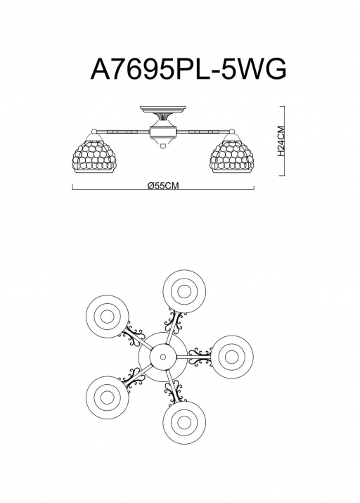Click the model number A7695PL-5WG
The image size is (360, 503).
[x=188, y=69]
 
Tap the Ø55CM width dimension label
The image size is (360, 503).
[x=163, y=186]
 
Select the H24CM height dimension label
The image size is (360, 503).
[x=281, y=141]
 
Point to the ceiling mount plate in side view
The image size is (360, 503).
[x=163, y=110]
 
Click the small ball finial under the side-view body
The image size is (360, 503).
[x=163, y=146]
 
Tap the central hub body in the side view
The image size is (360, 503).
[x=163, y=131]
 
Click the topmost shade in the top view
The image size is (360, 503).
[x=184, y=291]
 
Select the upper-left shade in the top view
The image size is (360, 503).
[x=108, y=317]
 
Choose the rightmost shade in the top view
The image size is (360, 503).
[x=232, y=357]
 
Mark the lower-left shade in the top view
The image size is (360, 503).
[x=108, y=397]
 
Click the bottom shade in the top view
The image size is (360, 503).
[x=184, y=423]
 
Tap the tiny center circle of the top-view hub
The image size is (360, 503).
[x=163, y=357]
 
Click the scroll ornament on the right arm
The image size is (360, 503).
[x=200, y=357]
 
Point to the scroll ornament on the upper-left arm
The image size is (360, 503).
[x=132, y=336]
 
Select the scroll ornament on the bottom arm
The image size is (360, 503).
[x=175, y=392]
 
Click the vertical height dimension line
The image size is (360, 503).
[x=284, y=141]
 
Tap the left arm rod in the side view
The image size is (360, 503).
[x=123, y=132]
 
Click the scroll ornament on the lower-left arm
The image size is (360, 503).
[x=131, y=378]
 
